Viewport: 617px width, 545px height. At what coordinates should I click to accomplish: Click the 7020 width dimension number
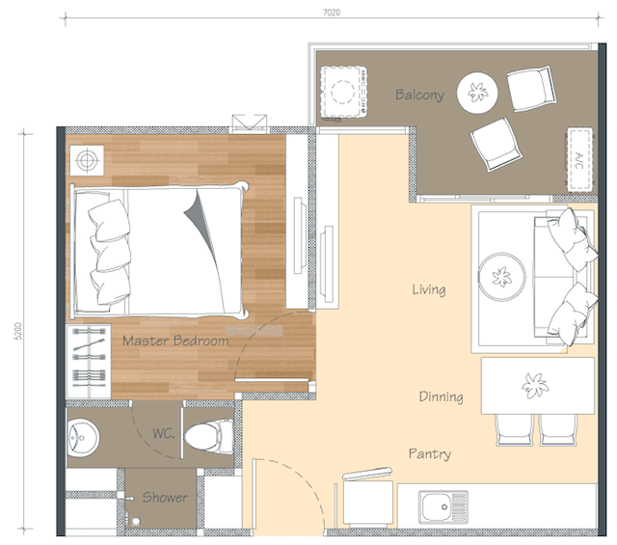pyautogui.click(x=332, y=13)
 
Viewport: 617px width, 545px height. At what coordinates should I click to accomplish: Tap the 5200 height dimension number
pyautogui.click(x=18, y=331)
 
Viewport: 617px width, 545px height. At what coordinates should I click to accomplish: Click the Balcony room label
pyautogui.click(x=420, y=95)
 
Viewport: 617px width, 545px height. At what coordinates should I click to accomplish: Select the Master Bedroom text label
pyautogui.click(x=175, y=341)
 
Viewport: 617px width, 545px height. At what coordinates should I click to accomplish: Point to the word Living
pyautogui.click(x=429, y=289)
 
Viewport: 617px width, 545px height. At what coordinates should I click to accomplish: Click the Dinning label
pyautogui.click(x=441, y=396)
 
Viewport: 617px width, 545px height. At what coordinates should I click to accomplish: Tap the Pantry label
pyautogui.click(x=430, y=454)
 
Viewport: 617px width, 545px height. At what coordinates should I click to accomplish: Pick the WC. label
pyautogui.click(x=163, y=433)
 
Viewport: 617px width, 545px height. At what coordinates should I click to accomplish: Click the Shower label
pyautogui.click(x=165, y=498)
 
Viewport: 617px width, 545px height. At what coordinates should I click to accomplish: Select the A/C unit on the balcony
pyautogui.click(x=579, y=159)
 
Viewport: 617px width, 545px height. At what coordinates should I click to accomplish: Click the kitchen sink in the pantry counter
pyautogui.click(x=443, y=506)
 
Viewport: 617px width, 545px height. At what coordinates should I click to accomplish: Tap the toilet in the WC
pyautogui.click(x=208, y=437)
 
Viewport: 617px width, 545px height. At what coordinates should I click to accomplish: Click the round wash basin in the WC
pyautogui.click(x=83, y=438)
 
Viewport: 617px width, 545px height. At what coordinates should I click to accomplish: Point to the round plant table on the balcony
pyautogui.click(x=477, y=93)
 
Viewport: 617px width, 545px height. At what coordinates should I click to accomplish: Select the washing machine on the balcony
pyautogui.click(x=343, y=93)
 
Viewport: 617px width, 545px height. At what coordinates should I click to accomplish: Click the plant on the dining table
pyautogui.click(x=535, y=385)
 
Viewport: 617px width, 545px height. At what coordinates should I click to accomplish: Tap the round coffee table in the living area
pyautogui.click(x=501, y=277)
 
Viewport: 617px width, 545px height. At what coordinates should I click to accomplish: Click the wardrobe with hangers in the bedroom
pyautogui.click(x=89, y=362)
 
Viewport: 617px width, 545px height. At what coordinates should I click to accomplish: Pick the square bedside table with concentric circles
pyautogui.click(x=87, y=160)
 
